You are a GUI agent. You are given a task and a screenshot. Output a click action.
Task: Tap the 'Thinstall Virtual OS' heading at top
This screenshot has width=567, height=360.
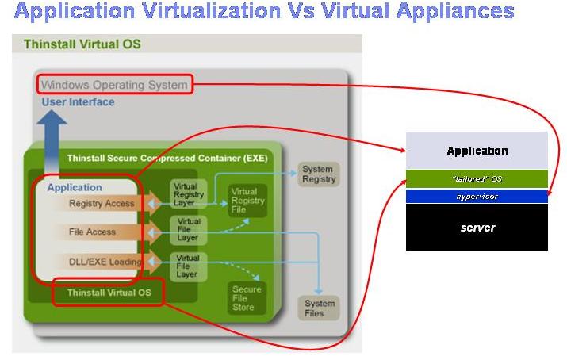[x=82, y=44]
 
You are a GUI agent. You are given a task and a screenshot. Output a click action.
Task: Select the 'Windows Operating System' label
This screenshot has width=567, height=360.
[x=113, y=84]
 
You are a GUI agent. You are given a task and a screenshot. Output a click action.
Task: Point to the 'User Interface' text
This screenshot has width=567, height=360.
[x=77, y=101]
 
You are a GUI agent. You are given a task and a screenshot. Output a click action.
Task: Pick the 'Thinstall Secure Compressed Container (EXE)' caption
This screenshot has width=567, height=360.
[x=167, y=158]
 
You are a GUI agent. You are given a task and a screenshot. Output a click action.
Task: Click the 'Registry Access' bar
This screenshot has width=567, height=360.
[x=102, y=204]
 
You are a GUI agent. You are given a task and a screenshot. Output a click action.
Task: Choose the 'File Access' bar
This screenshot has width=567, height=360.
[x=92, y=232]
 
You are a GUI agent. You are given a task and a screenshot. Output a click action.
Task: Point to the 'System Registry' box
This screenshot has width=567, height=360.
[x=318, y=174]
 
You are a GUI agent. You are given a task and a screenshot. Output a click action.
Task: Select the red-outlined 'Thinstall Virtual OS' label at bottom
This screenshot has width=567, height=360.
[x=109, y=293]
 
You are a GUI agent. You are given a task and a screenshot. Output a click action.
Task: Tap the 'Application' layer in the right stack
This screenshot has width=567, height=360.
[x=477, y=151]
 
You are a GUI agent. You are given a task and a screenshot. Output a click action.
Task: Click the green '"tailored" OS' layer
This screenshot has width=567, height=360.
[x=477, y=179]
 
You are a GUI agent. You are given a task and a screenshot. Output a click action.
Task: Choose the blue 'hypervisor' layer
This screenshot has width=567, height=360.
[x=477, y=196]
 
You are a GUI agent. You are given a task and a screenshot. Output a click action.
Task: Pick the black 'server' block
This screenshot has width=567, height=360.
[x=477, y=228]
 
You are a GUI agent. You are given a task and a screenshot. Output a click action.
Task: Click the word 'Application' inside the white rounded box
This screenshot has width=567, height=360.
[x=75, y=188]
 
